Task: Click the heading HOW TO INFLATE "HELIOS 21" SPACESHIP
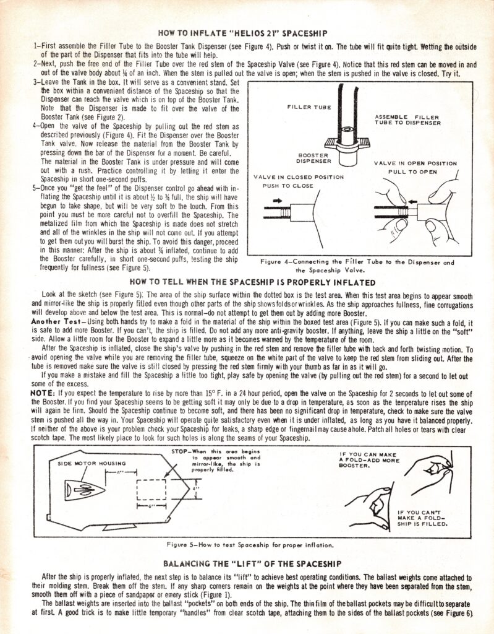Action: pos(247,32)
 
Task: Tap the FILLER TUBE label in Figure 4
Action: pos(309,107)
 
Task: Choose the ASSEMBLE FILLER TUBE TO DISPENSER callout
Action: pos(407,119)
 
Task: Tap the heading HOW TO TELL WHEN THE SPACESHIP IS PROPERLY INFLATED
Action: pos(247,281)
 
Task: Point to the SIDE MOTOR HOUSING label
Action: pos(92,463)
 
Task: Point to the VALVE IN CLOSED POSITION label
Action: pos(299,176)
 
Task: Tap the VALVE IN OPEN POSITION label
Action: pos(415,163)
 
